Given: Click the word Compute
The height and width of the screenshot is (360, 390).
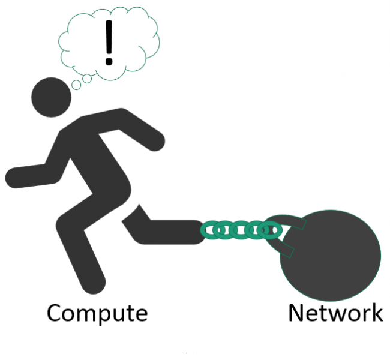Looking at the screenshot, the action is tap(97, 314).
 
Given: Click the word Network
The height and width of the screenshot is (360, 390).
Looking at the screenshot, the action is tap(335, 313).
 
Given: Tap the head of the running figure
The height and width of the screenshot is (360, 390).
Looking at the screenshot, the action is tap(51, 97).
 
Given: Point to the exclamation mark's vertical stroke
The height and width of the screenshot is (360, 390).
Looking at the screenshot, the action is tap(109, 37).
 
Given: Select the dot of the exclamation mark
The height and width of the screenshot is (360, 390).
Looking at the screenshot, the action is tap(109, 61).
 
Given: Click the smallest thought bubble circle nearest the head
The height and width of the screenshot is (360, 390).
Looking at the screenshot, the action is tap(76, 85).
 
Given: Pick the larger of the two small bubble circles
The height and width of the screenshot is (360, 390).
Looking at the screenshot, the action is tap(87, 79).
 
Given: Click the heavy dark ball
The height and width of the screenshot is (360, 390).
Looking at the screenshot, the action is tap(331, 256).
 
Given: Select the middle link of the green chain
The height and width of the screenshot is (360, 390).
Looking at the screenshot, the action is tap(239, 230).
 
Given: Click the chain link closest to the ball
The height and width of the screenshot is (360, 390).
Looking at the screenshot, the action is tap(269, 230).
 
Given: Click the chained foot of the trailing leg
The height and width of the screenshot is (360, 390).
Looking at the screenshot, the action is tap(191, 232).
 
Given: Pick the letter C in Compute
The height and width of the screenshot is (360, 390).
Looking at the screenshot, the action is tap(54, 313).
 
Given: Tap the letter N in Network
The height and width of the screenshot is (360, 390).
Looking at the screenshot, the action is tap(296, 313).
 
